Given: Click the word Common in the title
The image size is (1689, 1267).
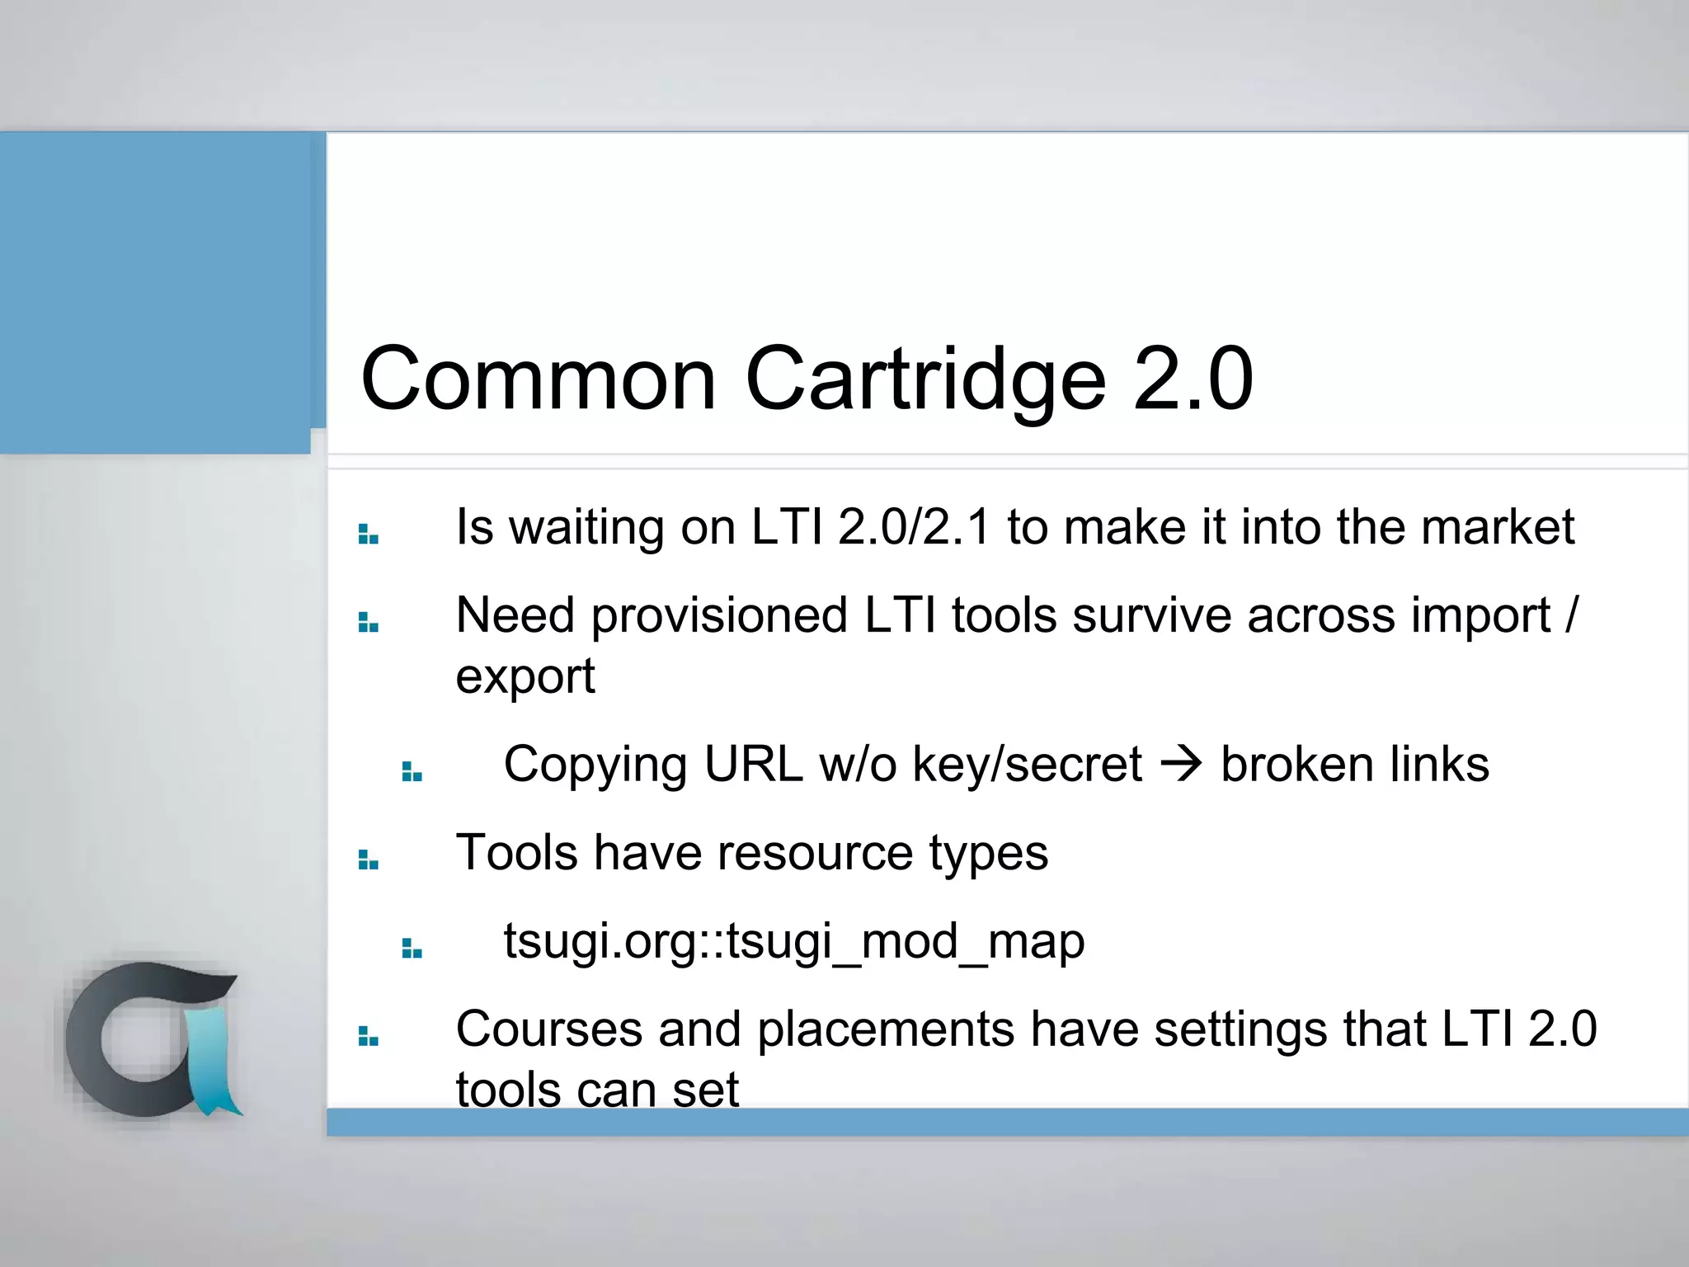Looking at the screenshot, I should coord(539,379).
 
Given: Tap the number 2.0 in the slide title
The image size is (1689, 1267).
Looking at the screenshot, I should coord(1193,379).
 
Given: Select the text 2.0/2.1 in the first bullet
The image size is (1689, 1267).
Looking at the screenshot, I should coord(914,527).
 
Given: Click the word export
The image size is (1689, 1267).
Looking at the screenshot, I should coord(525,677).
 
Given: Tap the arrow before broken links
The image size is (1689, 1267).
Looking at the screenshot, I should coord(1181,764).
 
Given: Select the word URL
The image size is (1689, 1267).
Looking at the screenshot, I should coord(753,764).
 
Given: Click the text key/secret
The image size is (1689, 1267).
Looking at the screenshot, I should coord(1027,764).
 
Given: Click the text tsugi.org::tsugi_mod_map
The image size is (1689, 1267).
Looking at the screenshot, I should coord(794,941).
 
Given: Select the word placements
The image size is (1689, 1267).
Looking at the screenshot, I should coord(886,1029).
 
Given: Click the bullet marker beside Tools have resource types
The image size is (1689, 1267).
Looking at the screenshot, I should coord(368,860).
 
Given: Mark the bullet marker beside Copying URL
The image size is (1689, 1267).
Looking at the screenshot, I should coord(412,771).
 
